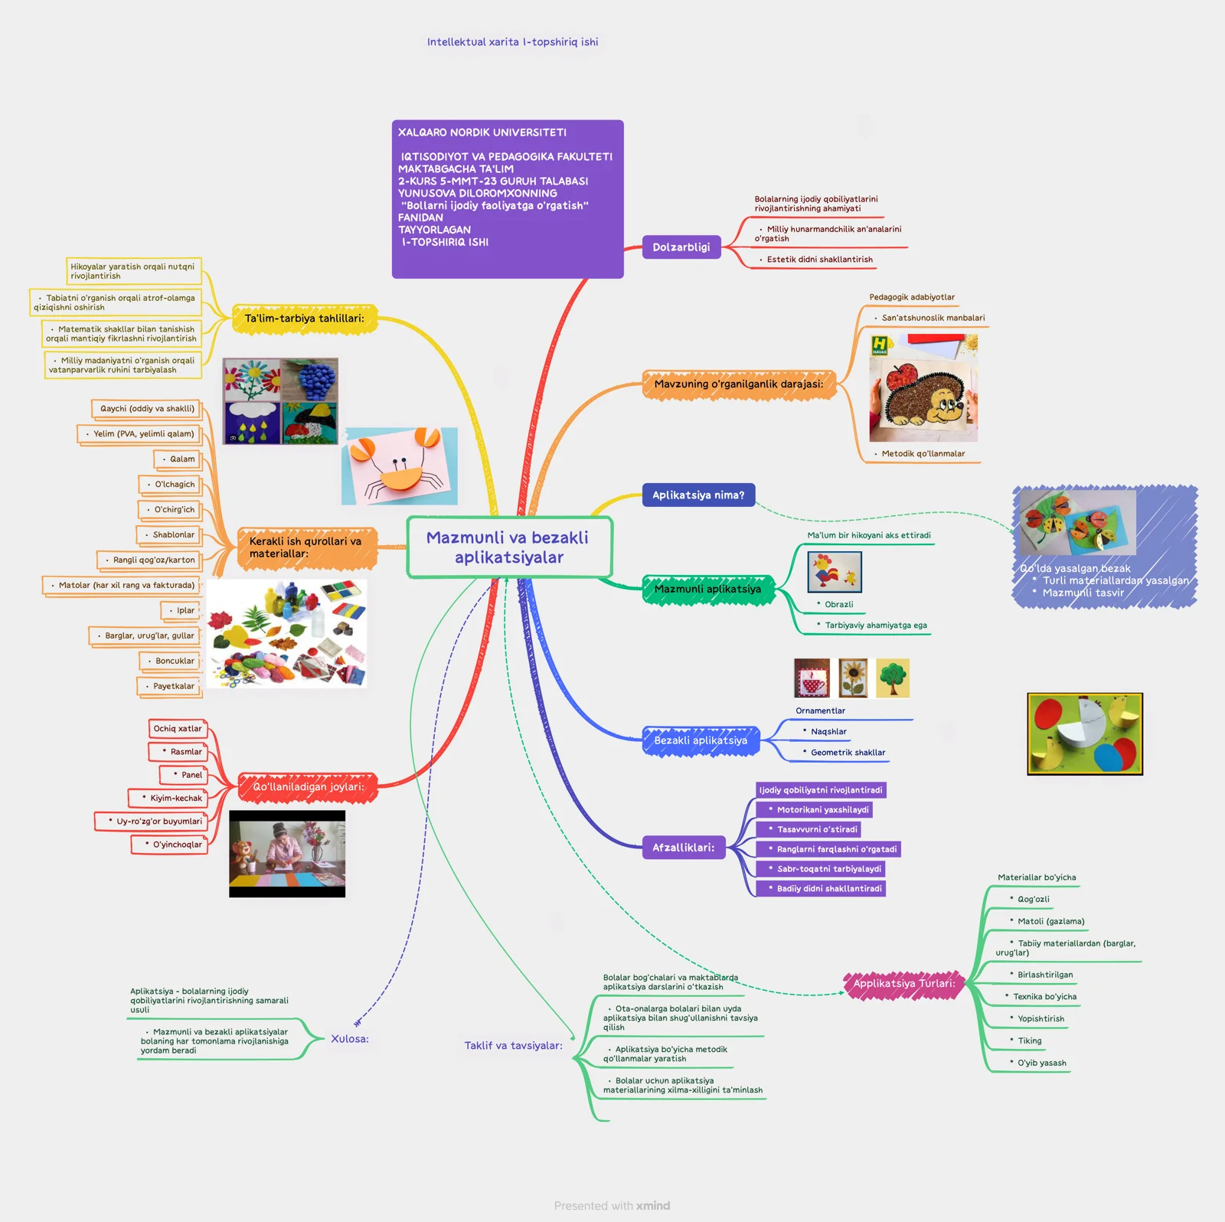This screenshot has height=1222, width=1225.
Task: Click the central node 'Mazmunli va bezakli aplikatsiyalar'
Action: pos(508,547)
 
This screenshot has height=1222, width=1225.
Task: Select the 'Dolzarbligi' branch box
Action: pos(681,247)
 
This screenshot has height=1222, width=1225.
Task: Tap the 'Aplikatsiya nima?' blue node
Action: pos(697,495)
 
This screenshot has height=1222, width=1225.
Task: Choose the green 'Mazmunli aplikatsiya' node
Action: pos(707,590)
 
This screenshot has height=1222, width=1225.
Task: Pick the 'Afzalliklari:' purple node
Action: pos(683,848)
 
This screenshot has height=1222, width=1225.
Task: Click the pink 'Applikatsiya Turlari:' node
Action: pos(903,984)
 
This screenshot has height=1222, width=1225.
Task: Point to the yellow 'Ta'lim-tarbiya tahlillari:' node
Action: pos(304,319)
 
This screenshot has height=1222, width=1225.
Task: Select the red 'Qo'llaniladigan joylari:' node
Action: pos(308,787)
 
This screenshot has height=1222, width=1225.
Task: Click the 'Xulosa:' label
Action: pos(350,1039)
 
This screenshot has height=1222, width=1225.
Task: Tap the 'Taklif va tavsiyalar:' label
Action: pos(513,1046)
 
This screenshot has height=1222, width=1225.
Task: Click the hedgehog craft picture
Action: pos(923,387)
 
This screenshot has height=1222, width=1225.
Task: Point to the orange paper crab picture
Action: pos(399,466)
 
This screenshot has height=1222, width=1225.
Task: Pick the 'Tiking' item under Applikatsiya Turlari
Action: pos(1029,1041)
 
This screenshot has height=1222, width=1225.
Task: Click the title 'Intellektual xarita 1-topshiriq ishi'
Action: pos(512,42)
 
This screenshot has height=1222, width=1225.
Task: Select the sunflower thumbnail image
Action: pos(852,678)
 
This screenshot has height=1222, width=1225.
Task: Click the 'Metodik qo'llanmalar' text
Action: pos(923,454)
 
